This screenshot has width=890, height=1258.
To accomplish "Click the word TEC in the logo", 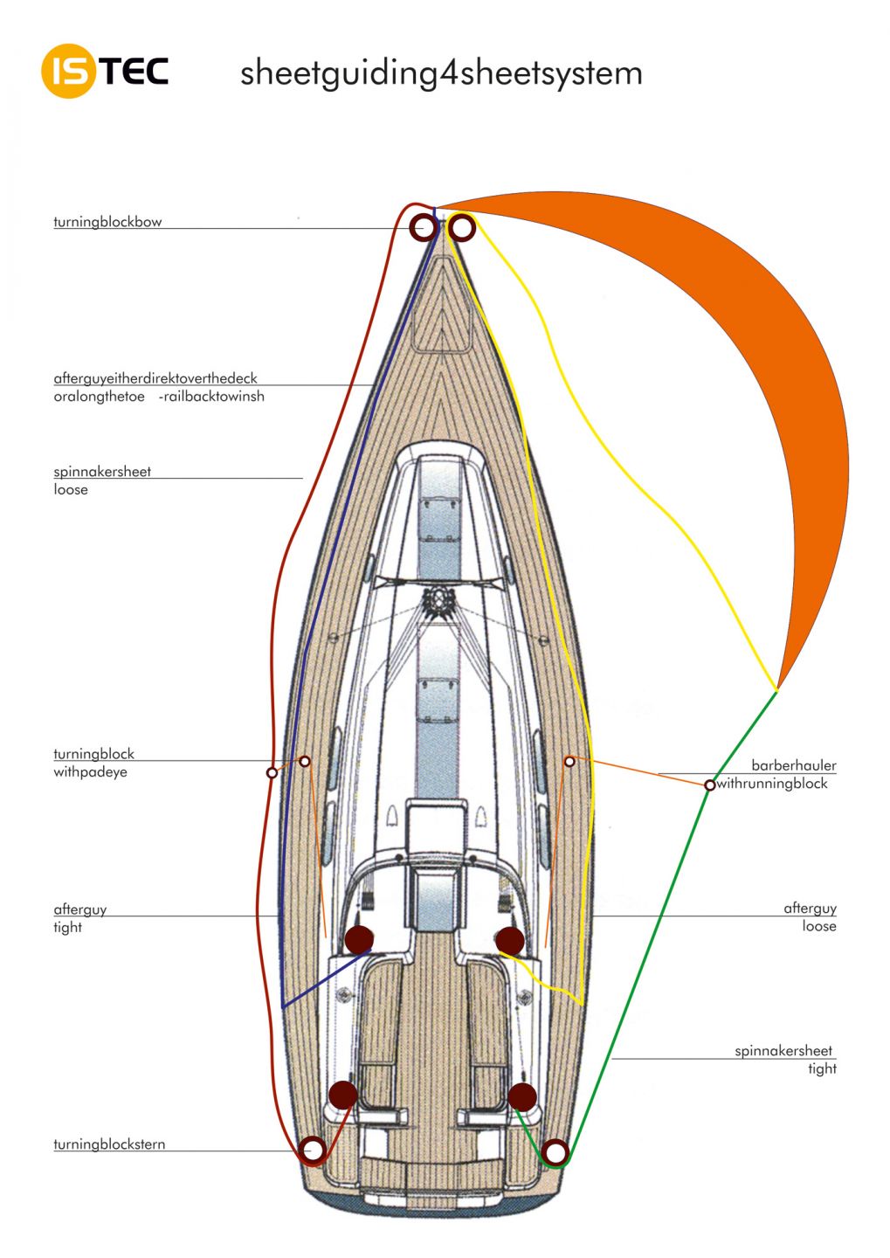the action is click(x=134, y=71).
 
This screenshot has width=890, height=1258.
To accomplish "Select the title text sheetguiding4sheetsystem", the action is click(x=441, y=73).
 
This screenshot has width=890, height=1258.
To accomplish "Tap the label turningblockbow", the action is click(x=107, y=222).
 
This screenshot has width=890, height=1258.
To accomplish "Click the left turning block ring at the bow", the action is click(x=414, y=227).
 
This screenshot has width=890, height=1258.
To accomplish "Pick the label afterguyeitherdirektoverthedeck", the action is click(x=155, y=378).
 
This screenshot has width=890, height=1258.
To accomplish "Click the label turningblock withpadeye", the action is click(x=93, y=763).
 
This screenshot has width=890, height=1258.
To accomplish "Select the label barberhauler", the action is click(x=793, y=765).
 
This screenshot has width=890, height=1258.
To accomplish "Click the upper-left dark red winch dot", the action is click(x=359, y=940).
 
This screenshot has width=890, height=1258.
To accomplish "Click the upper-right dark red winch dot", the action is click(x=510, y=940).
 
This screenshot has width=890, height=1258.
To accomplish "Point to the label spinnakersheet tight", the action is click(x=785, y=1059).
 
